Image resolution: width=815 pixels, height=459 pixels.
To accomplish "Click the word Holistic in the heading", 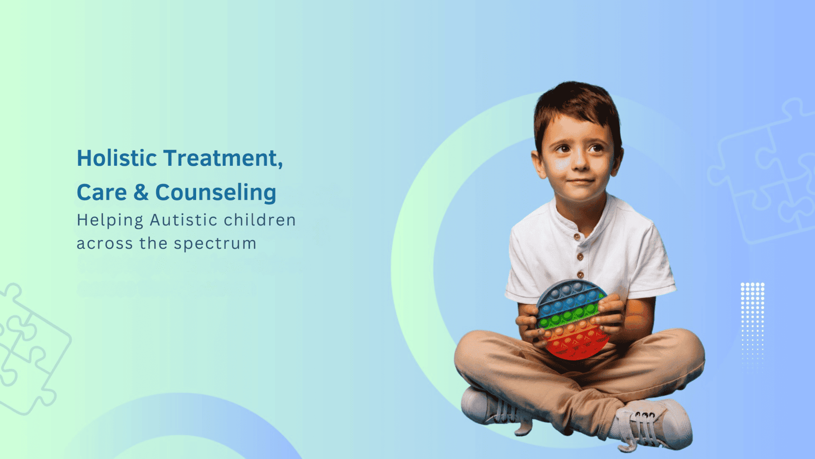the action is click(x=117, y=158).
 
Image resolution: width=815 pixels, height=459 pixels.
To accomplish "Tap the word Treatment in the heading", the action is click(x=222, y=158).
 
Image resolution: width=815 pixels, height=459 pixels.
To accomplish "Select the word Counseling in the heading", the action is click(x=216, y=193).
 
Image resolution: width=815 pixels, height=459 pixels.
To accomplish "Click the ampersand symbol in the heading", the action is click(x=141, y=193).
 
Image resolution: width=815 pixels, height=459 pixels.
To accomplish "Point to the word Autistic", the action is click(x=183, y=220).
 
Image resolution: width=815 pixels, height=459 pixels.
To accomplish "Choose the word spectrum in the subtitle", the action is click(x=215, y=244).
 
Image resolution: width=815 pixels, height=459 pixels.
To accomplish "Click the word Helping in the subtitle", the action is click(x=110, y=221).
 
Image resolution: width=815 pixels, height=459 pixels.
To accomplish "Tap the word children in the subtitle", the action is click(x=260, y=220).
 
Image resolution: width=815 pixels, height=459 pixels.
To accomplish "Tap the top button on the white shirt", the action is click(x=576, y=237).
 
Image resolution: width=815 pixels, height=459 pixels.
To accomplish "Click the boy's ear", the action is click(x=539, y=164).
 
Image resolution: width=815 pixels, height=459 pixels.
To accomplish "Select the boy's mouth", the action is click(x=581, y=181).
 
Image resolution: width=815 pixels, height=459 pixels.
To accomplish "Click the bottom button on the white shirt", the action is click(x=580, y=275).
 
